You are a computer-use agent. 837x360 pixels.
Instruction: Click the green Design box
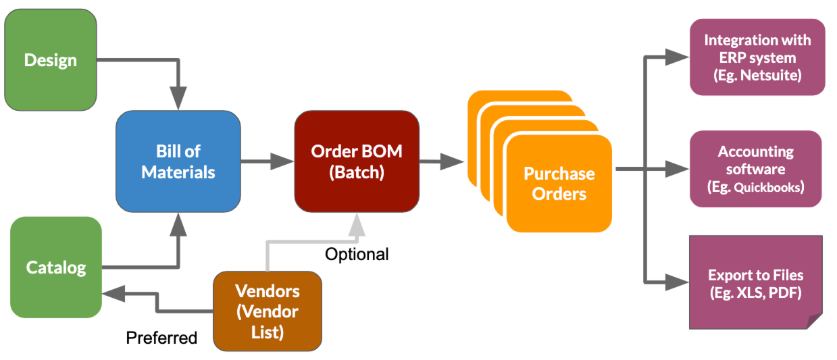[x=50, y=60]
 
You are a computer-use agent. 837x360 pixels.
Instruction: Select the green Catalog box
[x=56, y=267]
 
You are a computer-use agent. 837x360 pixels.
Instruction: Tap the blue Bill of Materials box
[x=178, y=161]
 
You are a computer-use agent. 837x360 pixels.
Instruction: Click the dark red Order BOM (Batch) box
[x=356, y=161]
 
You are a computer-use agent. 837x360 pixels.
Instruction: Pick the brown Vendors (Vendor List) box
[x=267, y=311]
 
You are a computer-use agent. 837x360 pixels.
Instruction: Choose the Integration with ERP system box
[x=757, y=57]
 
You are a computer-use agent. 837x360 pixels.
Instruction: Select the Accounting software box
[x=755, y=168]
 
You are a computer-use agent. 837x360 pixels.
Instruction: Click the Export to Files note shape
[x=755, y=282]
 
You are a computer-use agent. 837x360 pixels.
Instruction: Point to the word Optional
[x=357, y=255]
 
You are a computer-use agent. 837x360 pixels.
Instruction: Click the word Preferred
[x=161, y=337]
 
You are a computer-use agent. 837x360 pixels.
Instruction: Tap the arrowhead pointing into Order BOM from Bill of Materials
[x=283, y=161]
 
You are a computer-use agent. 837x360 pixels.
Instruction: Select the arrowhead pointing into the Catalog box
[x=113, y=294]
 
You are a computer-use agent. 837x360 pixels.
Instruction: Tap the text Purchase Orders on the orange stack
[x=559, y=184]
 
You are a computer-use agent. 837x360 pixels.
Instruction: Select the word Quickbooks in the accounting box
[x=770, y=186]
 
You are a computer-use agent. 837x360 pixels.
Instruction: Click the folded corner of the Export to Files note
[x=813, y=320]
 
